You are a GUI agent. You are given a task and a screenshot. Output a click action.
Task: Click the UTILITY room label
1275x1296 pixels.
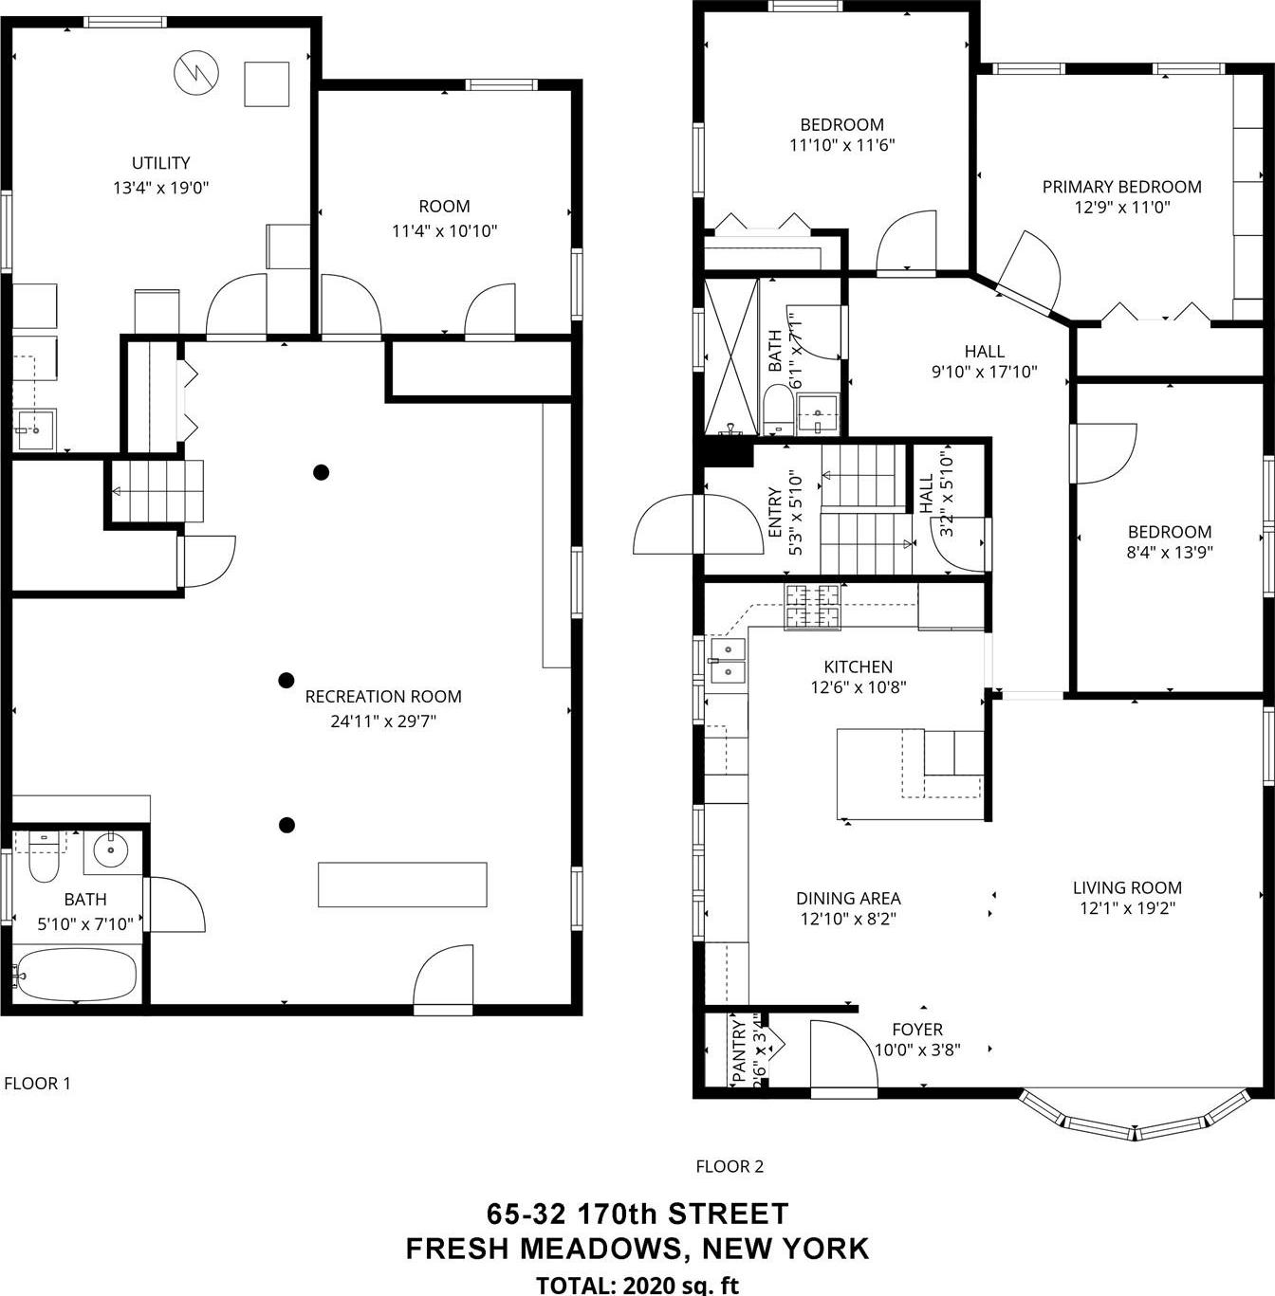coord(160,163)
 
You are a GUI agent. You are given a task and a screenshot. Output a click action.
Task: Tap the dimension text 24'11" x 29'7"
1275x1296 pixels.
coord(383,721)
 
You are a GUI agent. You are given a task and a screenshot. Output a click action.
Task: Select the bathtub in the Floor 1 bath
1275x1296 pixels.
coord(77,976)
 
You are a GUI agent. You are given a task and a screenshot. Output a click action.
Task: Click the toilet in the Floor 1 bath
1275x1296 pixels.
coord(45,859)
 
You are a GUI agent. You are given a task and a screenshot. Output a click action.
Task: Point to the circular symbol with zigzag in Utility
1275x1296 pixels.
coord(196,72)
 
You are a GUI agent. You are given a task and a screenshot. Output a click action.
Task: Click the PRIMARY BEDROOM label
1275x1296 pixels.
coord(1121,187)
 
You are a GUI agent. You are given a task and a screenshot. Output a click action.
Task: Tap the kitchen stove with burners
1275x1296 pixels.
coord(813,607)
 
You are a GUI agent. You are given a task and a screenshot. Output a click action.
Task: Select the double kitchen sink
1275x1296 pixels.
coord(728,660)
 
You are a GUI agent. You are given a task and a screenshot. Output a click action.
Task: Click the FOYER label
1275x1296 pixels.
coord(917,1029)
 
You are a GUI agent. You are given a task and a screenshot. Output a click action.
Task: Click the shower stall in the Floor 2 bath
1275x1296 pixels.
coord(731,356)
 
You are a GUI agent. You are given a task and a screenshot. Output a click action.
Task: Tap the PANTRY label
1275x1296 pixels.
coord(739,1050)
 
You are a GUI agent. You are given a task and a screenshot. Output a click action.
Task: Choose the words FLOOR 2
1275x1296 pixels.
coord(730,1166)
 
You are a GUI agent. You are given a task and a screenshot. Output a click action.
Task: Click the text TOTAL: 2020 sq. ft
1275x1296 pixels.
coord(637,1285)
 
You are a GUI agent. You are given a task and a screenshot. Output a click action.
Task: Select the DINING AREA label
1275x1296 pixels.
coord(848,898)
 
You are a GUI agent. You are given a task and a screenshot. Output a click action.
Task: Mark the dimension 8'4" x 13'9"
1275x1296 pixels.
coord(1170,552)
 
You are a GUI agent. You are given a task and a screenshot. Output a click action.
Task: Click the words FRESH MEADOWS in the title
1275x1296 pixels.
coord(544,1248)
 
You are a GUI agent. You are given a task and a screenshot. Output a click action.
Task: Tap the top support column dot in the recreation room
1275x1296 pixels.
coord(322,472)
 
